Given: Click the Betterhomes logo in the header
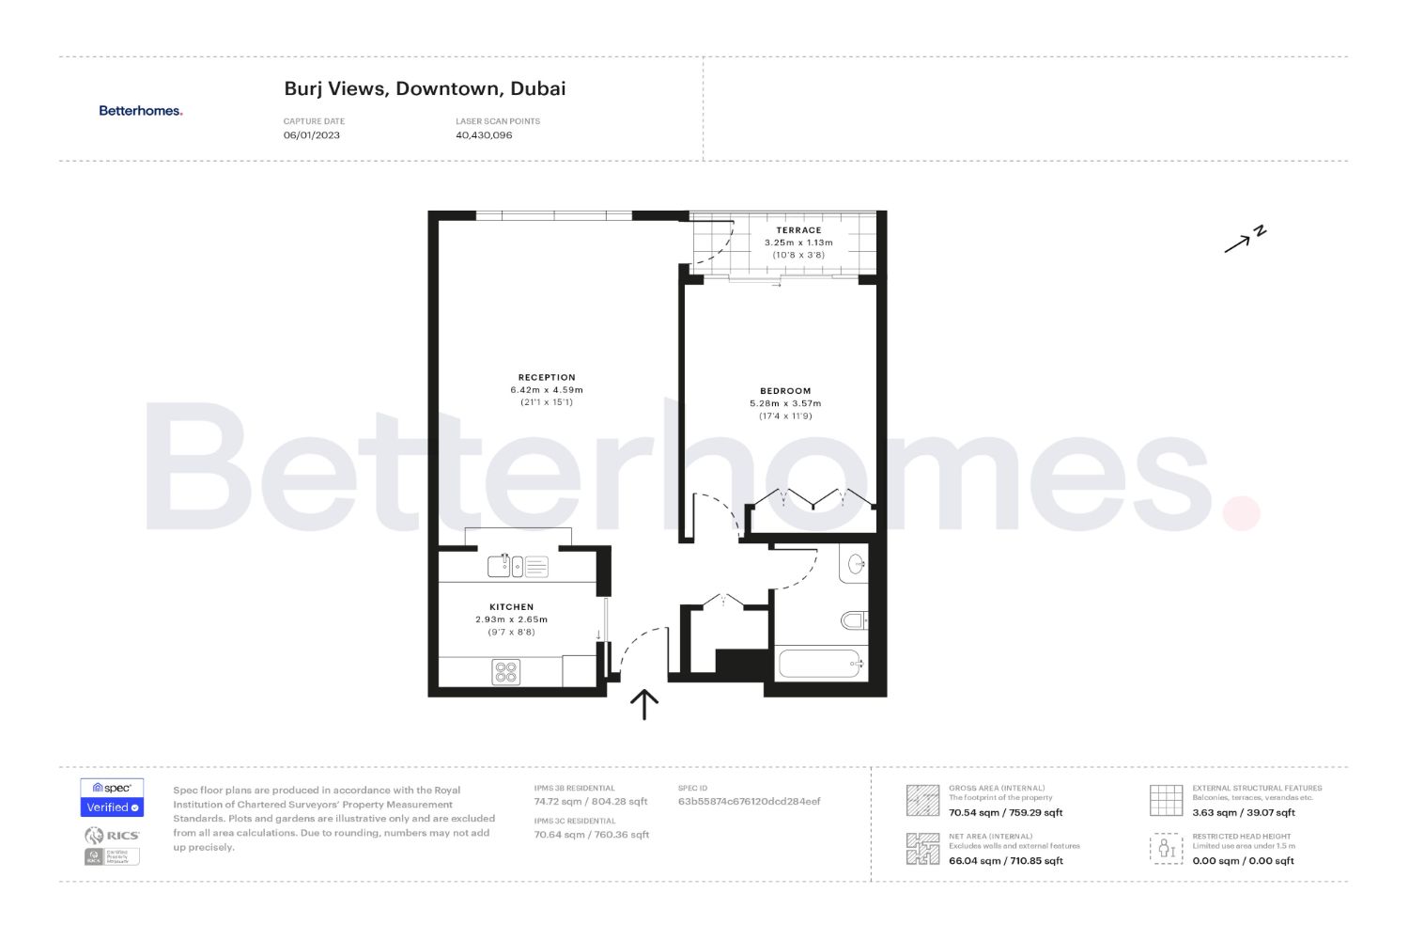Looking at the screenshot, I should click(141, 111).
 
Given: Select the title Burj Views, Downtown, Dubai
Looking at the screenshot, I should click(425, 89).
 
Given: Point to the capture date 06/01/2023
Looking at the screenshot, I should click(312, 135).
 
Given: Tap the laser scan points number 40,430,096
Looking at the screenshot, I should click(484, 135).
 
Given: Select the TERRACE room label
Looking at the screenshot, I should click(798, 230).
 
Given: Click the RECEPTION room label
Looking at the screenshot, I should click(547, 378).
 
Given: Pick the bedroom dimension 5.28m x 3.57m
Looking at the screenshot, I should click(785, 404).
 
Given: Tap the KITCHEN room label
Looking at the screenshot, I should click(511, 607).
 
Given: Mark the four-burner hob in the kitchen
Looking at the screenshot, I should click(506, 672).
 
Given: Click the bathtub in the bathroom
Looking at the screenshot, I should click(820, 664).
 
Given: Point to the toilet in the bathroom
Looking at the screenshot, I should click(854, 620).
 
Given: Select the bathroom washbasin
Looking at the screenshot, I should click(856, 564).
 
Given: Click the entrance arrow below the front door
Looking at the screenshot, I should click(644, 704).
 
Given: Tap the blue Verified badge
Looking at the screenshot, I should click(112, 807).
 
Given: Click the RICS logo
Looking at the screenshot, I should click(112, 836).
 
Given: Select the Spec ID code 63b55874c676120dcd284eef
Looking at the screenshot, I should click(749, 802).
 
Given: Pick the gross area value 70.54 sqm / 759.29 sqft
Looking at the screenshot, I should click(1005, 813).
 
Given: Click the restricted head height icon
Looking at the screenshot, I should click(1166, 849).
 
